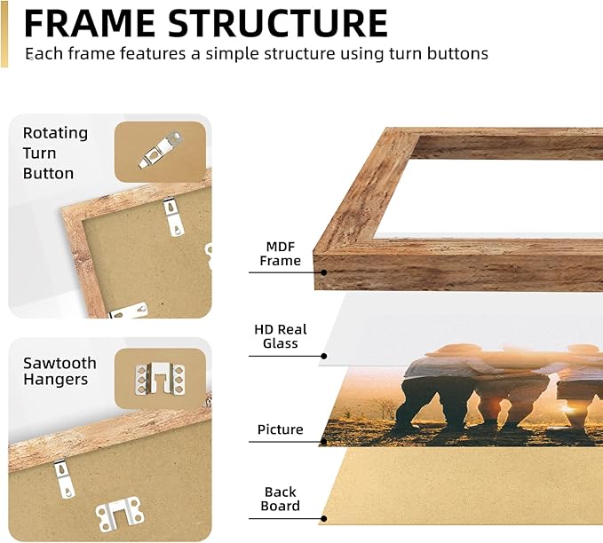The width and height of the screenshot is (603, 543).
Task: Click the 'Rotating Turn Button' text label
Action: click(x=55, y=153)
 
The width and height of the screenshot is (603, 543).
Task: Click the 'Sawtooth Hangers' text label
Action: click(x=60, y=371)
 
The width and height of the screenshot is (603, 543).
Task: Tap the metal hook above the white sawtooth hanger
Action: click(x=63, y=476)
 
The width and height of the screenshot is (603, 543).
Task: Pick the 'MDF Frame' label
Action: click(x=281, y=254)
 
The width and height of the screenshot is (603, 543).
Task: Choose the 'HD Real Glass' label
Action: click(x=281, y=336)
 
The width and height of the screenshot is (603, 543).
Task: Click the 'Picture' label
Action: click(x=280, y=429)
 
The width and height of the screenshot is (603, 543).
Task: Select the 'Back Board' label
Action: click(x=281, y=499)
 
